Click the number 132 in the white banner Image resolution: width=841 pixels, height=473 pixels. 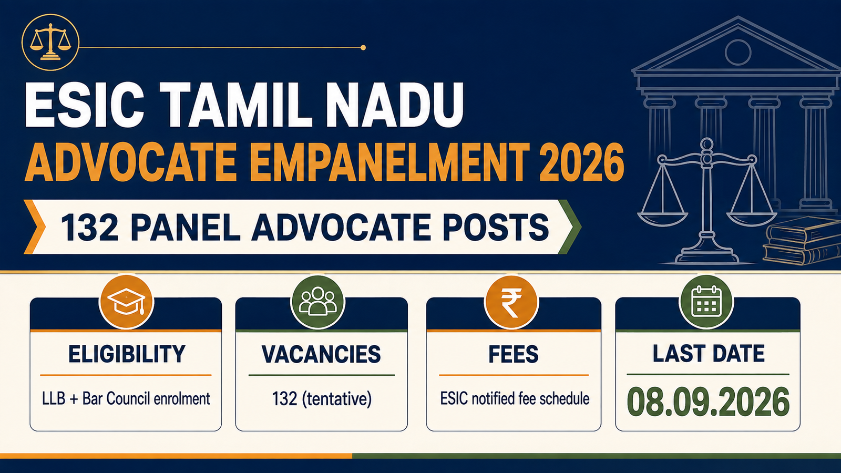coord(89,228)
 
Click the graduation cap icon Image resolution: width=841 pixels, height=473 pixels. coord(127,302)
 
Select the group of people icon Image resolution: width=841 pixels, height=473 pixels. coord(317,302)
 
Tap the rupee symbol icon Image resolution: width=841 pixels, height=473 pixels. coord(511,302)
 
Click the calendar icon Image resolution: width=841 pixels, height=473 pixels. coord(706,302)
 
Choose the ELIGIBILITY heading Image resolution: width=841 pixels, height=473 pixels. coord(127,354)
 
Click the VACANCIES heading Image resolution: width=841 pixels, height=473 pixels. coord(321,354)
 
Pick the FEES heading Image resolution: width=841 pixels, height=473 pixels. coord(514,354)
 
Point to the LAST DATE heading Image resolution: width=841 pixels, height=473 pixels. coord(709,354)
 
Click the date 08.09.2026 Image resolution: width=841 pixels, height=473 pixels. coord(708,402)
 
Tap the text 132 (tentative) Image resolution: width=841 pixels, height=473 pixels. coord(322,398)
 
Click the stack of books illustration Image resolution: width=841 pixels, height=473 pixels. coord(802,240)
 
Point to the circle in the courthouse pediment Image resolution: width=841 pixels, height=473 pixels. coord(738,53)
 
